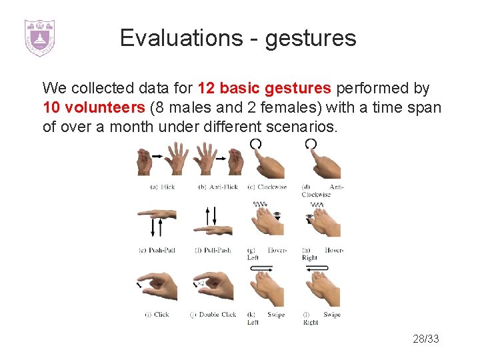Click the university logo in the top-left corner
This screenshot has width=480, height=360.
pyautogui.click(x=39, y=37)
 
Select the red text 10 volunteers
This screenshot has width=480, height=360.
pyautogui.click(x=94, y=107)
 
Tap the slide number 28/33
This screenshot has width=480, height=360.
pyautogui.click(x=426, y=339)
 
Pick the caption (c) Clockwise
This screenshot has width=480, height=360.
pyautogui.click(x=267, y=187)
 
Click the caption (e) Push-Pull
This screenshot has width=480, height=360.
pyautogui.click(x=157, y=251)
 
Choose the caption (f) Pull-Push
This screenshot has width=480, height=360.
pyautogui.click(x=213, y=251)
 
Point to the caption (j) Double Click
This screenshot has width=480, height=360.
pyautogui.click(x=213, y=315)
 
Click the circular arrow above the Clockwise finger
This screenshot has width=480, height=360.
pyautogui.click(x=255, y=144)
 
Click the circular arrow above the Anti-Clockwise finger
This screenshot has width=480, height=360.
pyautogui.click(x=311, y=144)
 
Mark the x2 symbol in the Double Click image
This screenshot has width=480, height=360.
pyautogui.click(x=200, y=284)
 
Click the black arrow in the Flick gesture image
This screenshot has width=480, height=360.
pyautogui.click(x=158, y=155)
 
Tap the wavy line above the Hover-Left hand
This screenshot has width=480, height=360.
pyautogui.click(x=260, y=204)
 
